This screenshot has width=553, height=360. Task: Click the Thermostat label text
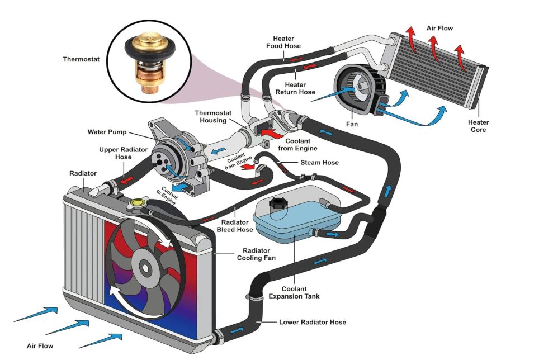click(x=81, y=59)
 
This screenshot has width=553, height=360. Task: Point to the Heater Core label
click(x=478, y=126)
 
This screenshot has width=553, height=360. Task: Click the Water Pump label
click(x=107, y=132)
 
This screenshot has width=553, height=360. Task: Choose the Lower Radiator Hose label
click(x=313, y=322)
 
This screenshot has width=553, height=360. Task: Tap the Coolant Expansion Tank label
click(x=294, y=292)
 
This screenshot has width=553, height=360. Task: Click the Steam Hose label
click(x=319, y=163)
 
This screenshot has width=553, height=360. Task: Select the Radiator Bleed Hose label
click(x=235, y=225)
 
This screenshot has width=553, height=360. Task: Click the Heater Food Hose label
click(x=287, y=42)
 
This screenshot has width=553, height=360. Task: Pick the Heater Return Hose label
click(x=296, y=88)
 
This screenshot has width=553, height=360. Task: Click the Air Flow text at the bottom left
click(x=40, y=346)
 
